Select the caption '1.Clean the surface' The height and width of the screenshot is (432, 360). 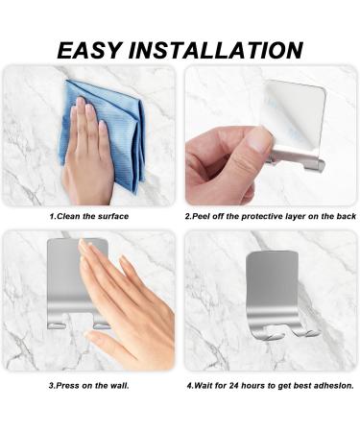pos(88,217)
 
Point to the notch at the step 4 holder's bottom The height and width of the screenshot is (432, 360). pos(281,333)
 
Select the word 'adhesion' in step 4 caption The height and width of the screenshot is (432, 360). pos(333,385)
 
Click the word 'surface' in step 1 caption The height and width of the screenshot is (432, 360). pos(110,217)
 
